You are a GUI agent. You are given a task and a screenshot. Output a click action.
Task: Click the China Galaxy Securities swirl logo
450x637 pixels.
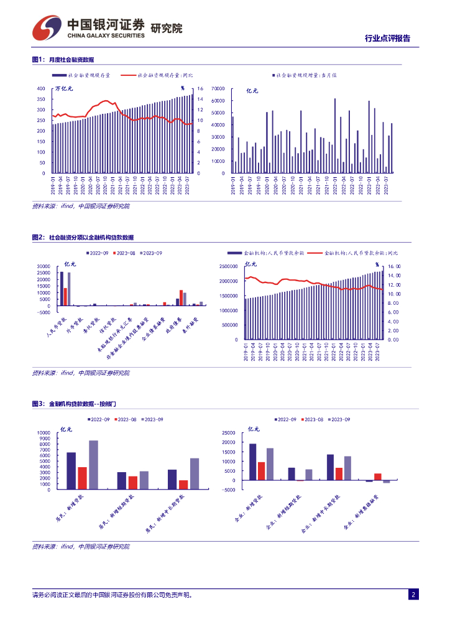[47, 26]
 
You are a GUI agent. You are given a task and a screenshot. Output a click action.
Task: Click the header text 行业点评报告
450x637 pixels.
[387, 39]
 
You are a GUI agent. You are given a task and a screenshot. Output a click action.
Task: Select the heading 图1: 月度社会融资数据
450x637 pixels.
[63, 60]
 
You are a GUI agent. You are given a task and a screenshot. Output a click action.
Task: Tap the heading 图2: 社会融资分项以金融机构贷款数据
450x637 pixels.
[83, 238]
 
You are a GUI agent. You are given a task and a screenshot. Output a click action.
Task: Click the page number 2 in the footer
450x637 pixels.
[412, 595]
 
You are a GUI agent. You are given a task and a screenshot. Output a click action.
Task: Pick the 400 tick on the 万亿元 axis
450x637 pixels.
[41, 89]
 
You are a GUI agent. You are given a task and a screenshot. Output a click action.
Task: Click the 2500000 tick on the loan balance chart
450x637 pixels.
[227, 266]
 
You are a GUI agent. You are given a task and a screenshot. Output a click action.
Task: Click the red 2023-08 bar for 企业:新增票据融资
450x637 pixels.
[377, 477]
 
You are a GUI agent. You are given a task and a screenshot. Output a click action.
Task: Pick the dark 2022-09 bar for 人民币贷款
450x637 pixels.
[61, 289]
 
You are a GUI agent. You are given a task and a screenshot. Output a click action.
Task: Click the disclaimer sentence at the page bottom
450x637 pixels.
[112, 595]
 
